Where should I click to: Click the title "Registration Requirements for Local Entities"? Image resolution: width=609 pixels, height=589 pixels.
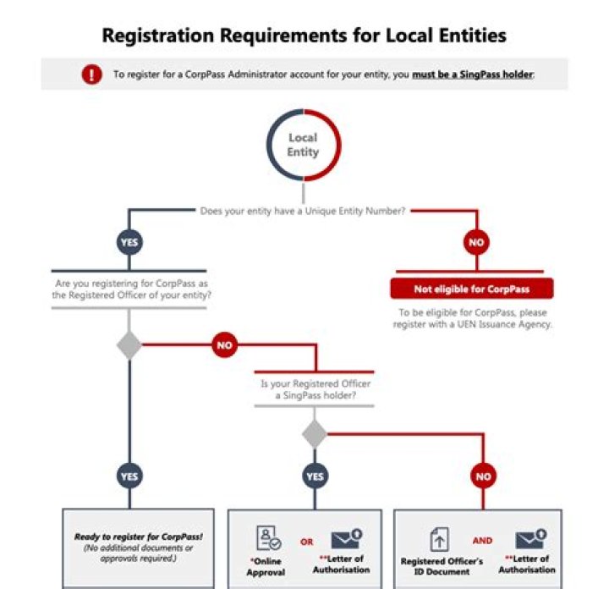coord(304,36)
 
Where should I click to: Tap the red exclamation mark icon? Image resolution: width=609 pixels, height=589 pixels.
coord(91,74)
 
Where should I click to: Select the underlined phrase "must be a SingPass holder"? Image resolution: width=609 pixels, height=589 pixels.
coord(472,74)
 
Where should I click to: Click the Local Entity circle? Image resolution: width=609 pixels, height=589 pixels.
coord(303,145)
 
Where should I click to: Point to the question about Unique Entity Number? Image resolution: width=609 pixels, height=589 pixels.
coord(304,211)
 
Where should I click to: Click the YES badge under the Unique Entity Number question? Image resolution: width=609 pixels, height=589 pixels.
coord(129,242)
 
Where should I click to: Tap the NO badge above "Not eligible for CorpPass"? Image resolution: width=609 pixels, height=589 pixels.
coord(476,242)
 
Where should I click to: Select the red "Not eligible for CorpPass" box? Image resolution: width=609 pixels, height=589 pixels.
coord(471,289)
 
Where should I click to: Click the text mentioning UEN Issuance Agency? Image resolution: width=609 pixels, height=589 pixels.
coord(472,318)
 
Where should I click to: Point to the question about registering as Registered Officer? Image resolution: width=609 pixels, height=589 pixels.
coord(129,289)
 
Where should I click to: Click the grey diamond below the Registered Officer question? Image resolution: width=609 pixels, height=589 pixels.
coord(129,345)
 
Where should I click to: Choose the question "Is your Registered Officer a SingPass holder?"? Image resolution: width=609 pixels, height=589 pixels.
coord(315,389)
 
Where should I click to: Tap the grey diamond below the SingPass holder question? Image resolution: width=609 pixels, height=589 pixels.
coord(315,433)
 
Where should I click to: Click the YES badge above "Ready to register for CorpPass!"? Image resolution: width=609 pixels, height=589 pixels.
coord(129,476)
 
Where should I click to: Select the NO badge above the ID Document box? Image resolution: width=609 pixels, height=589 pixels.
coord(483,476)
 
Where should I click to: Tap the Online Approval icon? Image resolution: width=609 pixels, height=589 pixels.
coord(270,538)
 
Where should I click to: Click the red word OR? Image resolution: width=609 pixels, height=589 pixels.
coord(307,542)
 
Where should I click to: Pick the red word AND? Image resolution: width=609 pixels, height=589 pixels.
coord(482,539)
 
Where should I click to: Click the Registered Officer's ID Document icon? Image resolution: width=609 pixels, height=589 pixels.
coord(440,538)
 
